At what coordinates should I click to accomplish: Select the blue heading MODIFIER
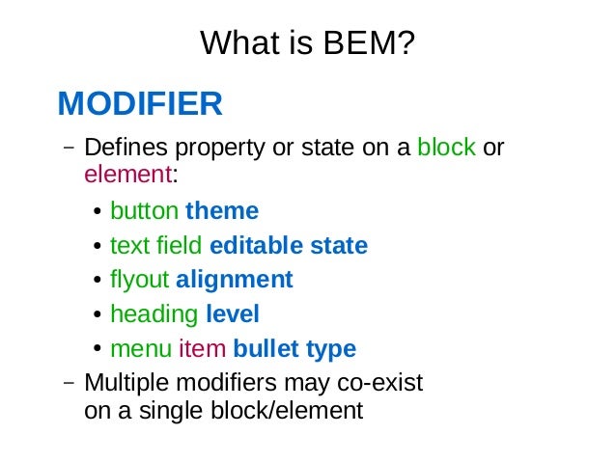point(140,103)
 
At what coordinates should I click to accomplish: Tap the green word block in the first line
point(446,149)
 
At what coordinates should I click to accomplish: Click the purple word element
point(127,175)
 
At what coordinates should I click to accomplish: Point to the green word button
point(144,210)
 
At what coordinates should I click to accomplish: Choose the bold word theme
point(222,210)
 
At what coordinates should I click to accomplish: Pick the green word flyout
point(140,280)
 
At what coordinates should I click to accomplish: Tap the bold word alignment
point(234,280)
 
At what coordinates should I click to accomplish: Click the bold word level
point(233,314)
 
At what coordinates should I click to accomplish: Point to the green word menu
point(140,349)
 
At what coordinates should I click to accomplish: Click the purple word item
point(201,349)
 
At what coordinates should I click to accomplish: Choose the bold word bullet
point(266,349)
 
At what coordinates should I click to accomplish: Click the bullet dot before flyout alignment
point(98,281)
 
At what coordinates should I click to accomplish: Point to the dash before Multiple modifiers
point(68,383)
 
